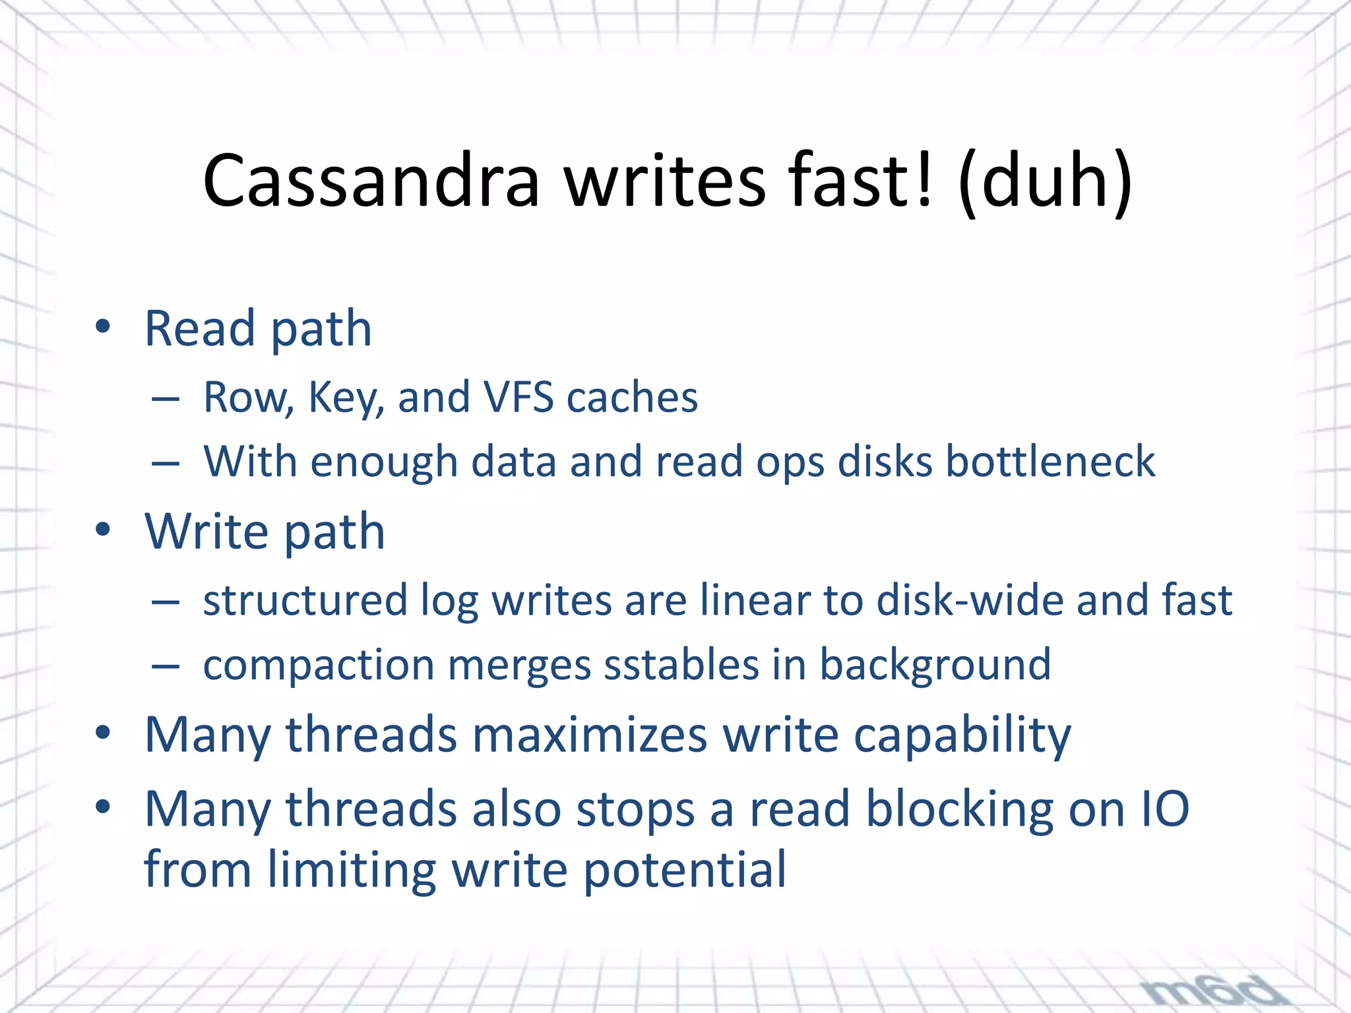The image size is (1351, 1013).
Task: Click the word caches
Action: (632, 398)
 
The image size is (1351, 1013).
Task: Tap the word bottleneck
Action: (1050, 461)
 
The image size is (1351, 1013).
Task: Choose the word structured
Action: (305, 600)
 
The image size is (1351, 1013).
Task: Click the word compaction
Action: (318, 665)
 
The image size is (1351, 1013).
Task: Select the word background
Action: (935, 665)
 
